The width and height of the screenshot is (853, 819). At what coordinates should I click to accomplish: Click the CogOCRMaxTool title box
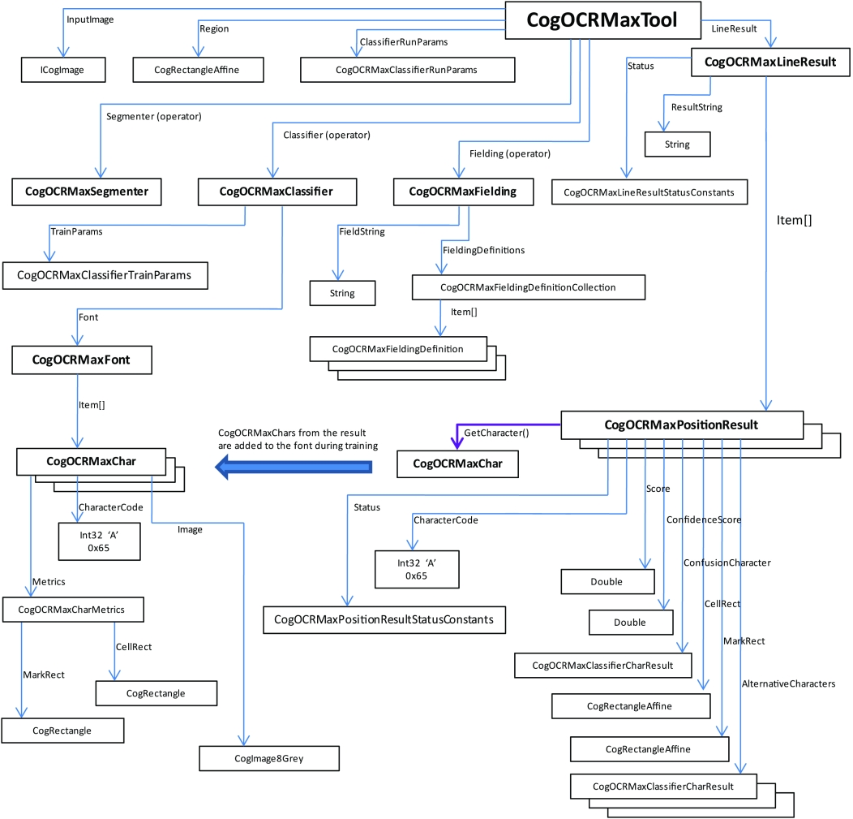(x=602, y=19)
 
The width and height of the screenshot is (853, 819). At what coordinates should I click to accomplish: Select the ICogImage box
(x=63, y=71)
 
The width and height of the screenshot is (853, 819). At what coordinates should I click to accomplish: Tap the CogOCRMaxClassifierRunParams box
(x=407, y=70)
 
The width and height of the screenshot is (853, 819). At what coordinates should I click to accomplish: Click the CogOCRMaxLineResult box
(x=770, y=62)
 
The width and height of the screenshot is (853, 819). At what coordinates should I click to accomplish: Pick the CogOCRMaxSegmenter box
(x=85, y=192)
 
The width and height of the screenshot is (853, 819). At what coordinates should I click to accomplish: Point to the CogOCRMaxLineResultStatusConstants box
(x=649, y=192)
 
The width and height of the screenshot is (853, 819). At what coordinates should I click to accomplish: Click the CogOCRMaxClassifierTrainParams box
(x=105, y=275)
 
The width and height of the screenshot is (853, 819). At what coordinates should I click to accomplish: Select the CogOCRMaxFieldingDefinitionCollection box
(x=528, y=287)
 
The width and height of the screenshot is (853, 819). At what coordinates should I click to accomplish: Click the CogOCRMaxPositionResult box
(x=681, y=425)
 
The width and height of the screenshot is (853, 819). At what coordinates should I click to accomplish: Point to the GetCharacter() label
(x=496, y=433)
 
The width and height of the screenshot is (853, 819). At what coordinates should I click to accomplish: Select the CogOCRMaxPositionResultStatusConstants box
(x=384, y=619)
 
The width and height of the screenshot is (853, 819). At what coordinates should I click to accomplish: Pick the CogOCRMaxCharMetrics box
(x=75, y=608)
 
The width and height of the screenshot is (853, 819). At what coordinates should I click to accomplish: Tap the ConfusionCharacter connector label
(x=727, y=562)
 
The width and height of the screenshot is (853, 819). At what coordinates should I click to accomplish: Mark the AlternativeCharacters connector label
(x=788, y=684)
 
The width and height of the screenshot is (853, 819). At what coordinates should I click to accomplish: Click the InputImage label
(x=90, y=19)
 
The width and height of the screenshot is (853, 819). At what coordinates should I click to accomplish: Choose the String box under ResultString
(x=677, y=144)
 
